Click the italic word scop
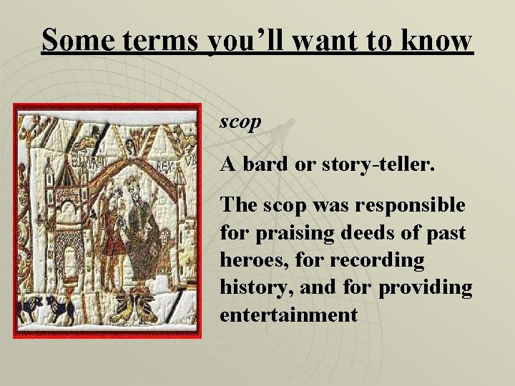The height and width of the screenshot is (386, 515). coord(240,123)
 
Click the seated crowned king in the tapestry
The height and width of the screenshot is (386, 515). coord(144,222)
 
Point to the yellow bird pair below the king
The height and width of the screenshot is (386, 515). coord(140,307)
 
